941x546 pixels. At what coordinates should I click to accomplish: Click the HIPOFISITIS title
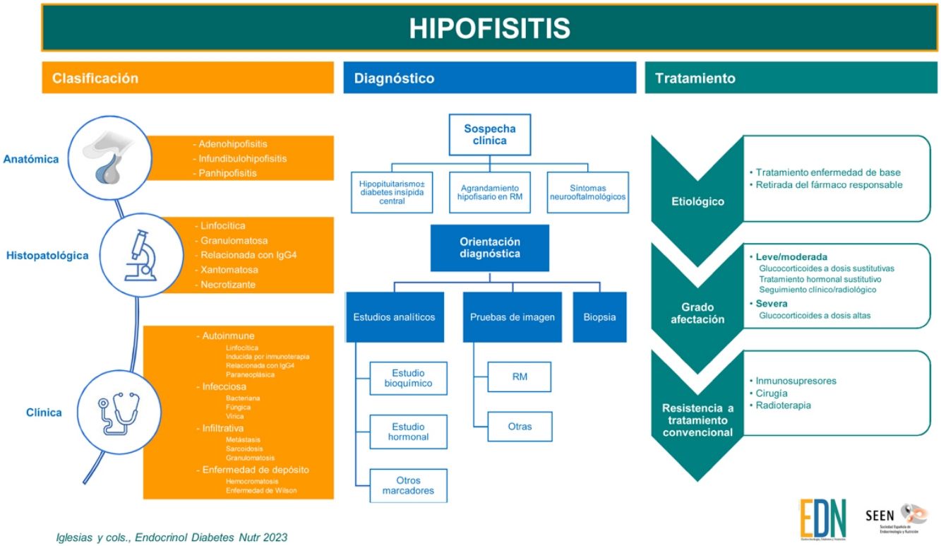point(490,28)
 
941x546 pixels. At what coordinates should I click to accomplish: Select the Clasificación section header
point(95,78)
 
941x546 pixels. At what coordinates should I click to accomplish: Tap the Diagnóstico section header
point(395,78)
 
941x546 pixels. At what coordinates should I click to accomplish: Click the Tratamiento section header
point(695,78)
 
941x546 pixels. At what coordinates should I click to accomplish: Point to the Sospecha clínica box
point(489,134)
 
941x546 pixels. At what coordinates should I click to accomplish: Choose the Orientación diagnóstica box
point(489,247)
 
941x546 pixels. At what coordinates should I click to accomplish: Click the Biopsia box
point(599,317)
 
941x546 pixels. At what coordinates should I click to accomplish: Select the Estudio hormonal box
point(408,432)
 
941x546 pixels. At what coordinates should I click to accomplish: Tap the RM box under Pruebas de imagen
point(520,376)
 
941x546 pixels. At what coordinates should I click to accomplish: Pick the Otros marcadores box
point(408,485)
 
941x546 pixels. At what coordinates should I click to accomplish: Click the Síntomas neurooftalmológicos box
point(587,191)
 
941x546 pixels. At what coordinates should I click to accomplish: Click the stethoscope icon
point(118,413)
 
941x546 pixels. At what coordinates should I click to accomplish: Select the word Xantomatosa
point(229,270)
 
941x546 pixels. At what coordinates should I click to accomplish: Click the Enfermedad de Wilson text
point(261,490)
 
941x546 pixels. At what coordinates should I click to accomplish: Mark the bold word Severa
point(772,304)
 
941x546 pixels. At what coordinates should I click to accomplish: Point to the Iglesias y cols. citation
point(172,538)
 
